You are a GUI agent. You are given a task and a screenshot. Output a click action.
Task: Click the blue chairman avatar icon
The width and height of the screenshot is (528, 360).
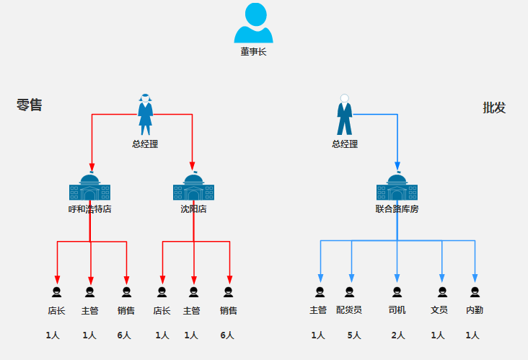[253, 23]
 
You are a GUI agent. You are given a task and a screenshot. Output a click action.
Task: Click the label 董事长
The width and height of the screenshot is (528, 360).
[253, 52]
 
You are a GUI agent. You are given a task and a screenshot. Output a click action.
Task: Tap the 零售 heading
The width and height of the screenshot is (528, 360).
[30, 105]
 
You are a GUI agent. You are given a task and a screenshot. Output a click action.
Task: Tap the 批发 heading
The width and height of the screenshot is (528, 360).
[494, 108]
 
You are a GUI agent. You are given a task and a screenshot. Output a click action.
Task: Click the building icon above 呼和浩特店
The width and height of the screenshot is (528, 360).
[89, 188]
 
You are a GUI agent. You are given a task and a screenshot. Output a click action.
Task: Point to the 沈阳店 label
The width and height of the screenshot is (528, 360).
[193, 209]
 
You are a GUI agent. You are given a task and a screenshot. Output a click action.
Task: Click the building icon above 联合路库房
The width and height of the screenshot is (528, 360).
[397, 188]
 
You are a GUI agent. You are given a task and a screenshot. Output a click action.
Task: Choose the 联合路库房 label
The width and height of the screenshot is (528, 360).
[397, 209]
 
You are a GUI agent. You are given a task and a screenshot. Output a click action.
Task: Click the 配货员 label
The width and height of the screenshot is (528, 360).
[349, 310]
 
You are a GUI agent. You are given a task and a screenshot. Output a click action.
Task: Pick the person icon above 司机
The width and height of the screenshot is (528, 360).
[397, 292]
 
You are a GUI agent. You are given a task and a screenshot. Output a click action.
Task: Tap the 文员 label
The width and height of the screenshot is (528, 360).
[439, 310]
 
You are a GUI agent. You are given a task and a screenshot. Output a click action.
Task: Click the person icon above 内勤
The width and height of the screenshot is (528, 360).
[475, 292]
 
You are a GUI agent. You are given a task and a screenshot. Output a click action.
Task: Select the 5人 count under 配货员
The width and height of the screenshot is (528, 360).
[353, 335]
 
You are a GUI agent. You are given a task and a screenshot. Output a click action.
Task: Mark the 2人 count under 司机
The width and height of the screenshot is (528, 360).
[398, 335]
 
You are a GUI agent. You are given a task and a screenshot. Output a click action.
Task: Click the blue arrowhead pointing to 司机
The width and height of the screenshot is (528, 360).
[397, 278]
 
